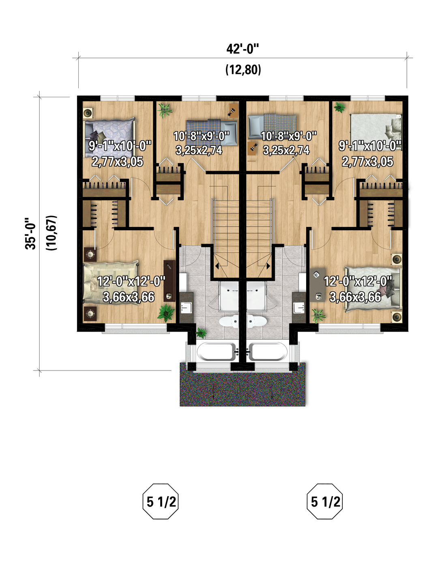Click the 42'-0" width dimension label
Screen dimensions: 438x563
[x=243, y=49]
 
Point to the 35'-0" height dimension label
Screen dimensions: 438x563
[x=30, y=234]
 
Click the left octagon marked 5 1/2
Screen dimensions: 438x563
[x=161, y=501]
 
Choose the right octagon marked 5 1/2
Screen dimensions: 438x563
[x=325, y=501]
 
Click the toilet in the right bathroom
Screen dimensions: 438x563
[x=257, y=321]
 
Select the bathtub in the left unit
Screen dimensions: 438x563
[x=217, y=351]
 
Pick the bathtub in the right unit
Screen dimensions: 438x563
[x=268, y=351]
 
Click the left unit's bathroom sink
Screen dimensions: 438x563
[x=186, y=307]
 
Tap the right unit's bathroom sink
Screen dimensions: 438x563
[x=299, y=307]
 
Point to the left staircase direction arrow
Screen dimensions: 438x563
[x=217, y=266]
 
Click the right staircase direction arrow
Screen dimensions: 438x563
[x=268, y=266]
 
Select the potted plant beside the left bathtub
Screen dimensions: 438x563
[x=201, y=333]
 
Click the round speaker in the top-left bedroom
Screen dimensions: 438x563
[x=88, y=113]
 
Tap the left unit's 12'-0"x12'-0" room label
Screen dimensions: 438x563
[x=131, y=281]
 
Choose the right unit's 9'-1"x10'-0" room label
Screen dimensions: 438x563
[x=370, y=146]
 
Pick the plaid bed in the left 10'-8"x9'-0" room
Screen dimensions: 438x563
[x=211, y=132]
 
